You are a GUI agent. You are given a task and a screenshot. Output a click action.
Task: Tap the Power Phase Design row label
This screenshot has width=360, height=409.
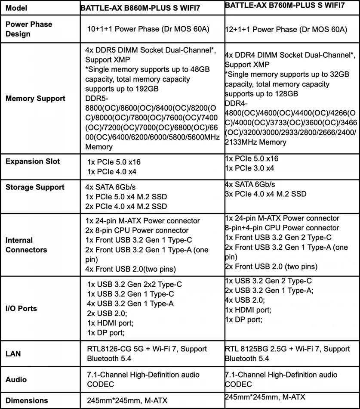(29, 29)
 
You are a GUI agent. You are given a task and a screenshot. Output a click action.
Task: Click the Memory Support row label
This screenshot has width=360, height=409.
(36, 98)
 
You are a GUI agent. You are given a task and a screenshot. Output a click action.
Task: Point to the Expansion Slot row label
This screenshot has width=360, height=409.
(33, 161)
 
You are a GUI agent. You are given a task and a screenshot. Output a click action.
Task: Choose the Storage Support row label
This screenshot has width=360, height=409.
(35, 187)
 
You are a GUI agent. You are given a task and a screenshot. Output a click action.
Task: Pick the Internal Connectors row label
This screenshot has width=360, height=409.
(27, 245)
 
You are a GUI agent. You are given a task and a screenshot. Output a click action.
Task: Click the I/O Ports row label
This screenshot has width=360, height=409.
(22, 308)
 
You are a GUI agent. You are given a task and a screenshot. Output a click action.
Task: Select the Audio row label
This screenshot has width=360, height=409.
(16, 379)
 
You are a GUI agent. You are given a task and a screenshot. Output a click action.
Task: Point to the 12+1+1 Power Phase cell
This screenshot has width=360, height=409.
(286, 30)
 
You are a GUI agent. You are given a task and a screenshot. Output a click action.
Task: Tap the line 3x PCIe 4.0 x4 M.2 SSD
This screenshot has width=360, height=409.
(266, 194)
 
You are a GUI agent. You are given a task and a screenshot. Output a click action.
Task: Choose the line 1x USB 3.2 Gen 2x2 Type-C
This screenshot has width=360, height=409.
(134, 285)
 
